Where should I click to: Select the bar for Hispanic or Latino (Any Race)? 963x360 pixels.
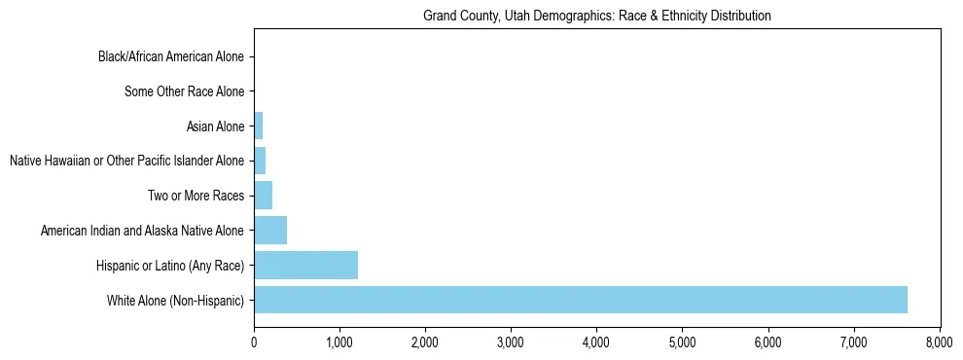click(x=305, y=265)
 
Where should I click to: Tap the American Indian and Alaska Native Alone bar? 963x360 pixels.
click(x=270, y=230)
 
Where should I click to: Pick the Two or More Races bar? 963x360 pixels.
click(x=263, y=195)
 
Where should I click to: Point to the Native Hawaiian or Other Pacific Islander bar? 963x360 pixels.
click(x=260, y=161)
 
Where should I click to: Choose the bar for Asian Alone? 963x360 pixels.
click(x=258, y=126)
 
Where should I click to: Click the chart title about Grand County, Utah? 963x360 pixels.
click(x=596, y=16)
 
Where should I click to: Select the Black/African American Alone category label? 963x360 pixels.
click(x=171, y=57)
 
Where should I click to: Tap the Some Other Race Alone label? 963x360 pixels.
click(x=185, y=92)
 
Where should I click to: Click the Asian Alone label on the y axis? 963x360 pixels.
click(x=215, y=126)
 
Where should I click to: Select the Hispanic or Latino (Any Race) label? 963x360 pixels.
click(x=170, y=266)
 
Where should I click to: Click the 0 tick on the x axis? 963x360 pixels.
click(x=254, y=342)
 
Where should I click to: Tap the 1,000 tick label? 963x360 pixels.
click(x=339, y=342)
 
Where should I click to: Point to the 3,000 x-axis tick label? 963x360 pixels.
click(x=511, y=342)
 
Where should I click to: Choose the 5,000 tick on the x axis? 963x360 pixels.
click(x=682, y=342)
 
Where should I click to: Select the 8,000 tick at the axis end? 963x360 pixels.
click(x=939, y=342)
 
